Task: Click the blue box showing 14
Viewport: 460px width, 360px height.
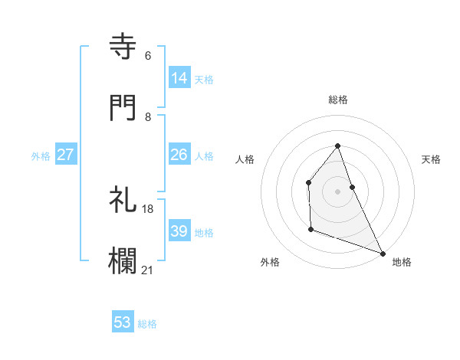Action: point(179,77)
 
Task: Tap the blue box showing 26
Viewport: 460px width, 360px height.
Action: point(179,154)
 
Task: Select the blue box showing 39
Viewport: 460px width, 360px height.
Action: point(179,231)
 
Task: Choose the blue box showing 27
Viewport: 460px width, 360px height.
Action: point(66,154)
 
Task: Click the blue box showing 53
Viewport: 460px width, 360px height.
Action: point(123,322)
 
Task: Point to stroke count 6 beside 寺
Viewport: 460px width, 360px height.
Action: point(148,56)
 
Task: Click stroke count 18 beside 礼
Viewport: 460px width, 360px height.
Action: point(148,208)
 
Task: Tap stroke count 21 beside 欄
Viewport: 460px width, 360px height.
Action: point(148,270)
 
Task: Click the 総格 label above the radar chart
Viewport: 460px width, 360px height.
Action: point(338,100)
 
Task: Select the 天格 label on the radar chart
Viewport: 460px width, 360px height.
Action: point(432,159)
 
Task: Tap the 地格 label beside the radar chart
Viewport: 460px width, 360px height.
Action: point(402,262)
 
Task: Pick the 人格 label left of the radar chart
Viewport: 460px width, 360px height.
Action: point(245,159)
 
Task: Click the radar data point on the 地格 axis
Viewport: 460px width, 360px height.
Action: point(383,253)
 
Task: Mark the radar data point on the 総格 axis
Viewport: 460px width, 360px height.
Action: point(338,146)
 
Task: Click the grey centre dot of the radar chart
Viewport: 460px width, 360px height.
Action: point(338,191)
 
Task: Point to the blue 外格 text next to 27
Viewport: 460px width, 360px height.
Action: point(41,156)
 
